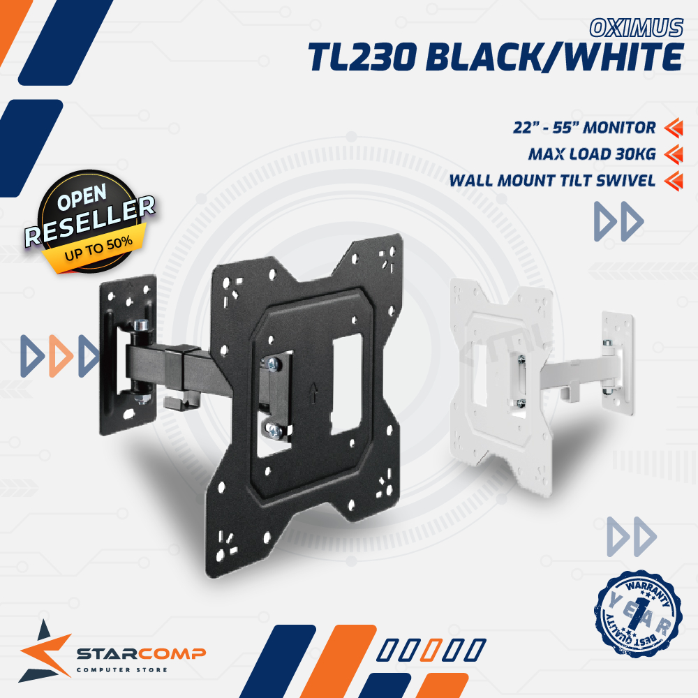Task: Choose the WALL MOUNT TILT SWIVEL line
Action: click(x=552, y=181)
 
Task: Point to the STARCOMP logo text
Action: click(x=140, y=654)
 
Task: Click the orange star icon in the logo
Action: click(x=45, y=649)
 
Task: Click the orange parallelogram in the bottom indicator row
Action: click(x=432, y=650)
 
